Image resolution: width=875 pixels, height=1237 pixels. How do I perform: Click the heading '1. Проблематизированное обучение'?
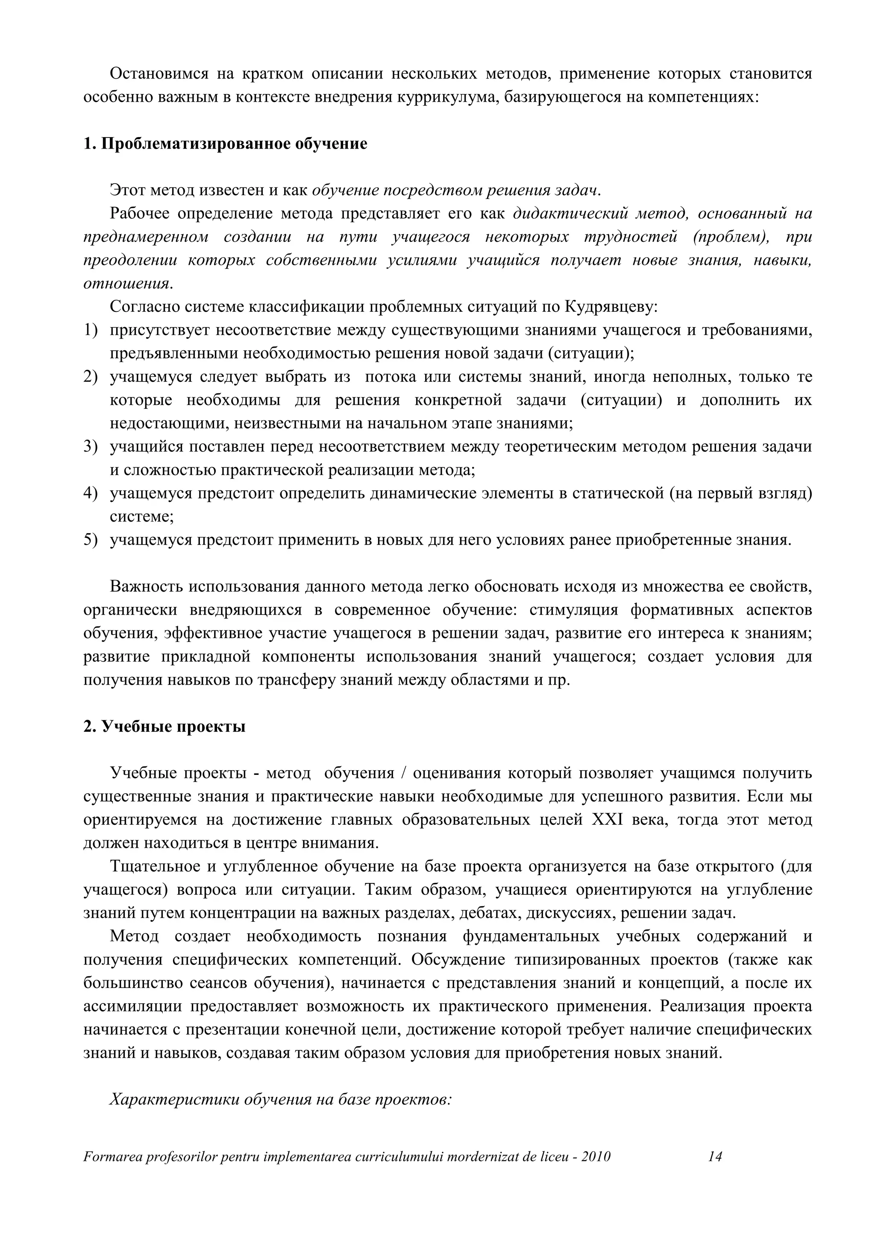pyautogui.click(x=225, y=144)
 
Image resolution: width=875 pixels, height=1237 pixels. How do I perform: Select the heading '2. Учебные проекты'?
pyautogui.click(x=164, y=727)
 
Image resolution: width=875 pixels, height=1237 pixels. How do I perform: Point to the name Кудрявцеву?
pyautogui.click(x=611, y=307)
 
